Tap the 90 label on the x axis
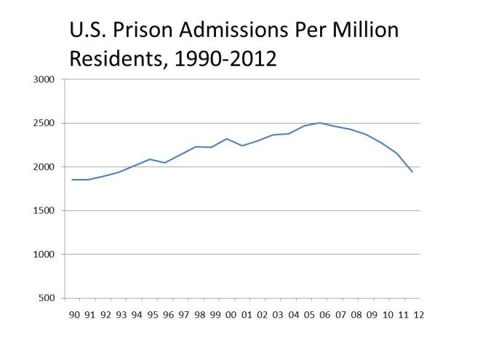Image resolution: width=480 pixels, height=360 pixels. point(74,315)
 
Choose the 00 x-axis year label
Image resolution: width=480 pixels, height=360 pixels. point(231,315)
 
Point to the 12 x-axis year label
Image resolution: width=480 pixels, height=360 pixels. point(419,315)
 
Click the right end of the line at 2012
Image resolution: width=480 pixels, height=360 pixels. point(412,172)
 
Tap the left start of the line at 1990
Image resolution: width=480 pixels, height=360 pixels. point(73,180)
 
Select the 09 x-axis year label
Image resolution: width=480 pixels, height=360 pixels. point(372,315)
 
